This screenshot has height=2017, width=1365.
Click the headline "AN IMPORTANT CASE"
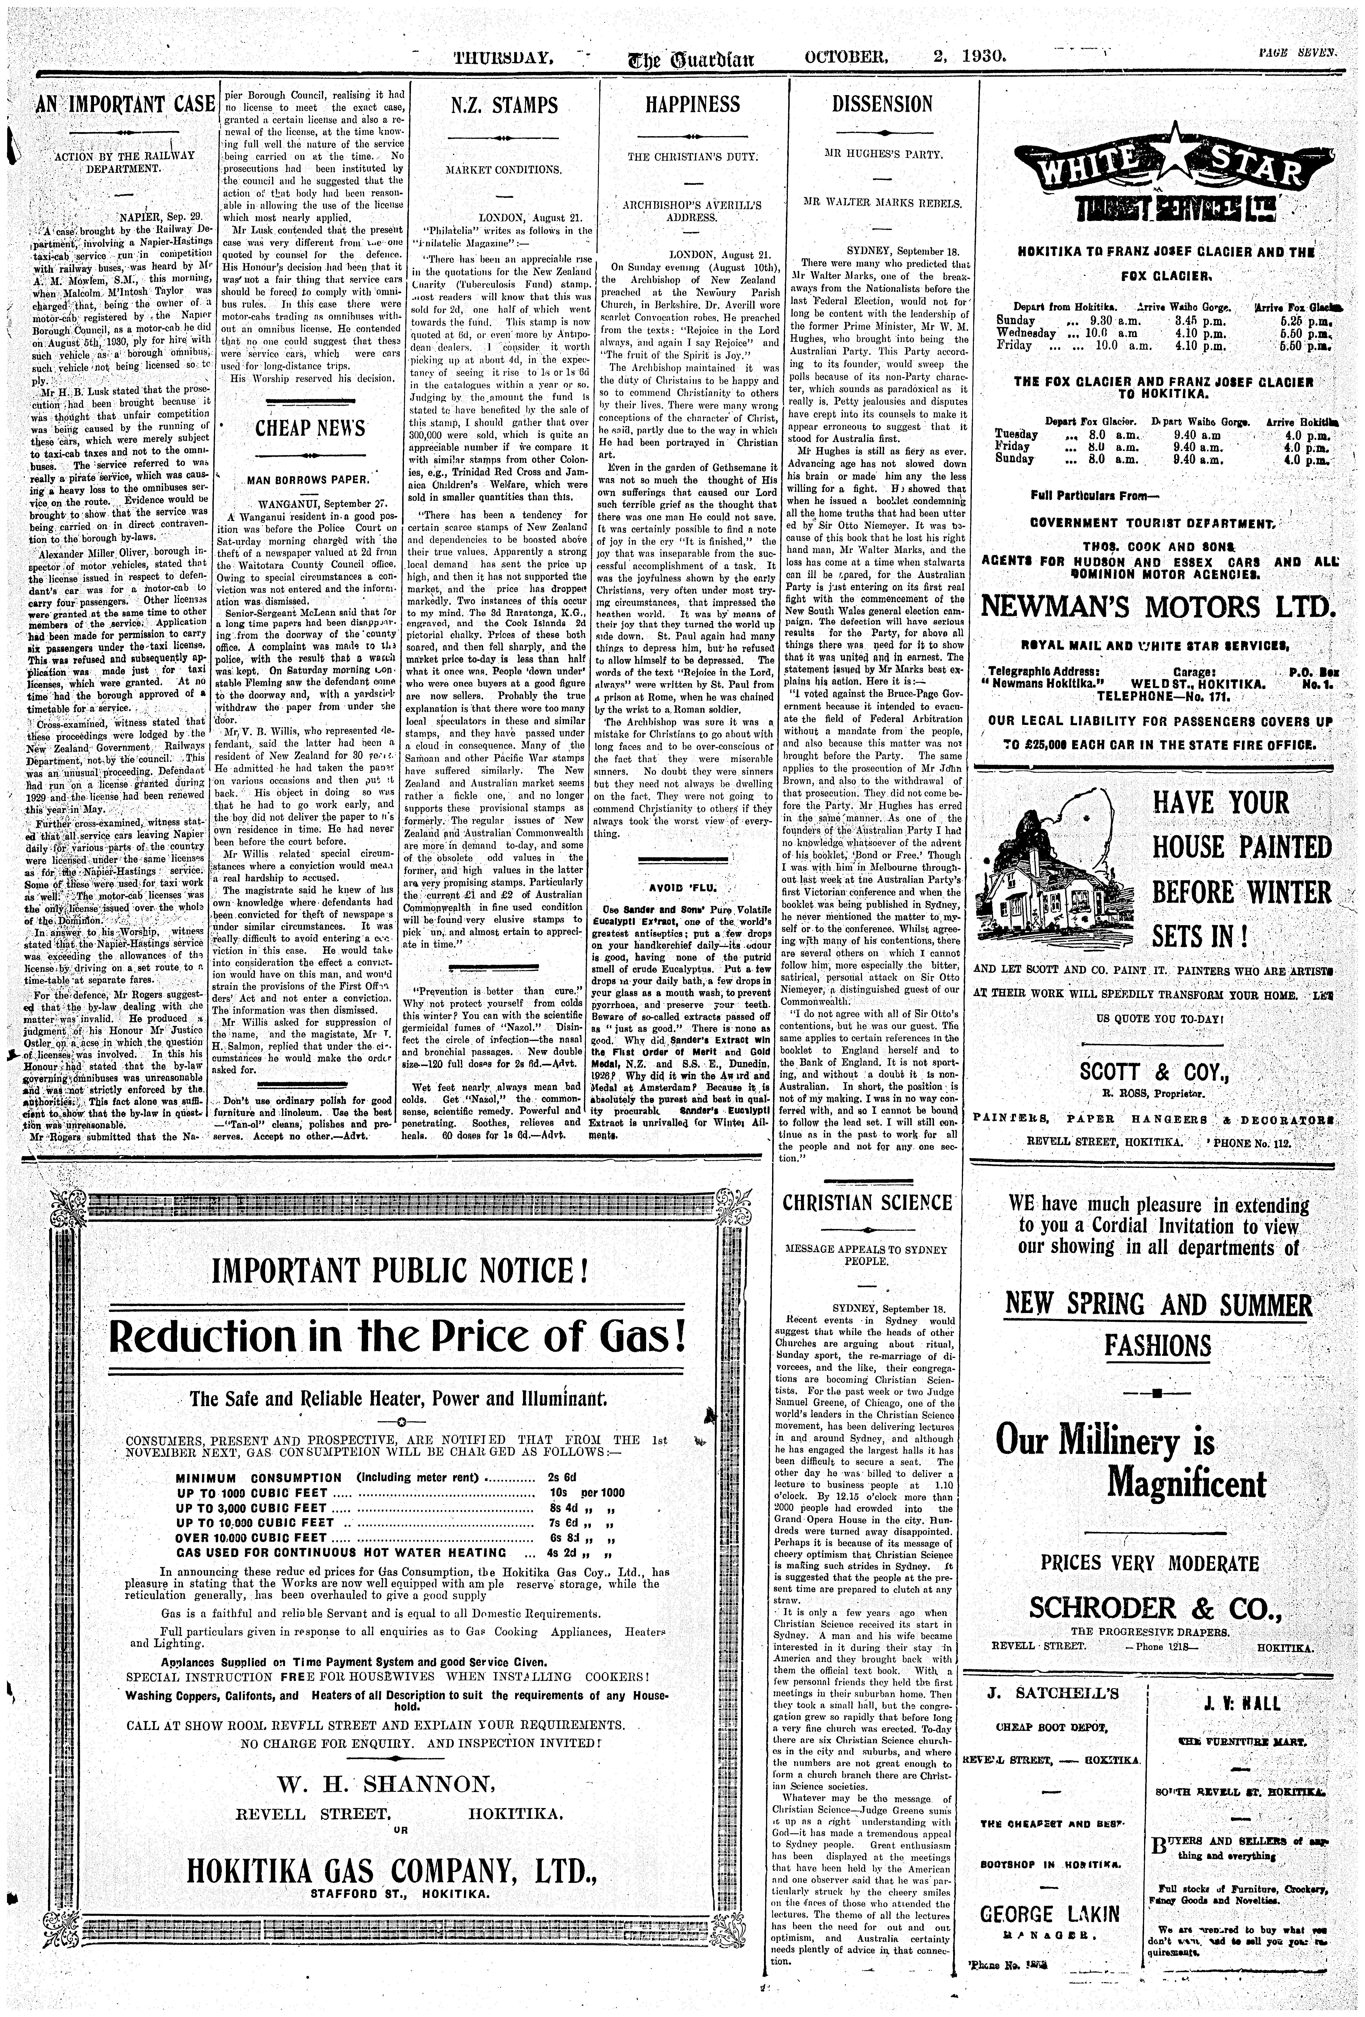click(x=125, y=105)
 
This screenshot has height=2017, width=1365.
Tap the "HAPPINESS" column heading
click(x=693, y=105)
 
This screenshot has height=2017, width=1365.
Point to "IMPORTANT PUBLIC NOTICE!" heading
click(x=401, y=1272)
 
